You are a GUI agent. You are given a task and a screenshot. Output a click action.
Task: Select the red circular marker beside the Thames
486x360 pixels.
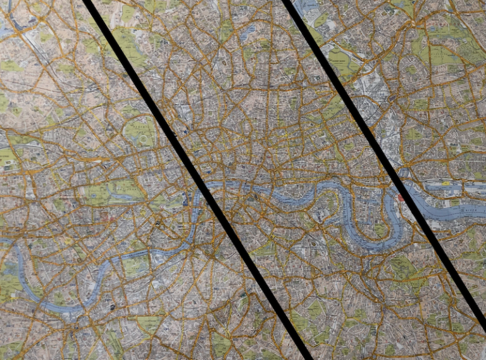pos(401,198)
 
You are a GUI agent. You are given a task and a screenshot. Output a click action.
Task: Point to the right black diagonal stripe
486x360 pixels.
pos(380,158)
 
